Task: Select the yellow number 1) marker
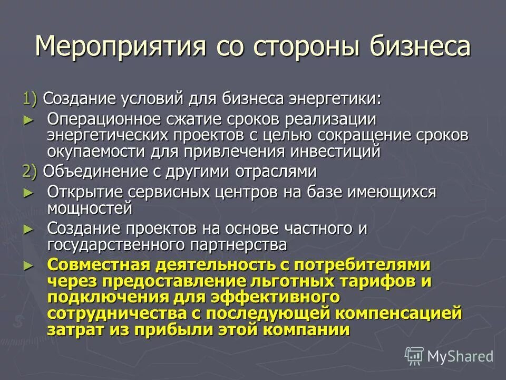pos(30,99)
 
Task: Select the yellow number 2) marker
pos(30,171)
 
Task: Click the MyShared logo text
pos(460,356)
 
